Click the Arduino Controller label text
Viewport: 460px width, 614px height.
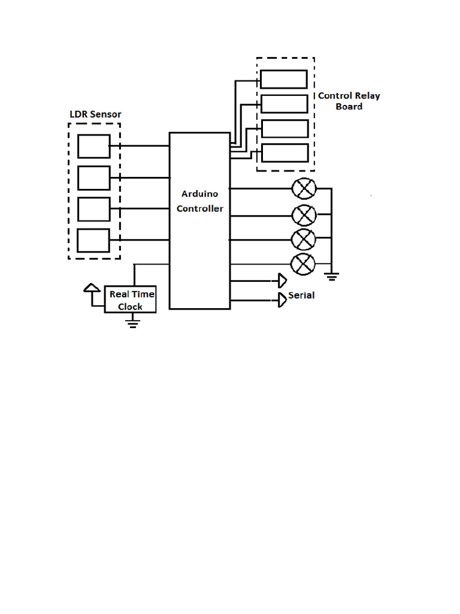coord(199,201)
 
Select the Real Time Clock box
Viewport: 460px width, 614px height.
coord(131,299)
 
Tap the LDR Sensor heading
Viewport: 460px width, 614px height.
coord(95,114)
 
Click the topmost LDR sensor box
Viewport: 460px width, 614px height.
coord(94,146)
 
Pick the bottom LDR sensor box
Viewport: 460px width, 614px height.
coord(93,240)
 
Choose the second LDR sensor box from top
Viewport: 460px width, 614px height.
coord(94,177)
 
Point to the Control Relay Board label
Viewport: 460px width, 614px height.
coord(349,101)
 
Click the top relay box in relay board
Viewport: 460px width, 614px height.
coord(284,79)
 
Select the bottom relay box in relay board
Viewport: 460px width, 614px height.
coord(285,153)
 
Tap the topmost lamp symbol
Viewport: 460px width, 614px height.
coord(304,189)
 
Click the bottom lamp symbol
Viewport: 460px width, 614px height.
coord(302,264)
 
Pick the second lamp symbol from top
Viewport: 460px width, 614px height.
coord(304,214)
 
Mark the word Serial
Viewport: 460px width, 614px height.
coord(301,296)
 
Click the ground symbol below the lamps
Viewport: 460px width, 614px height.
coord(332,276)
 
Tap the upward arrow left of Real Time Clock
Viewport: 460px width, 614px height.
coord(91,289)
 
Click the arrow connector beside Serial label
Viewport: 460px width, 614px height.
coord(282,300)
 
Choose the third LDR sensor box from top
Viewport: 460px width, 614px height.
coord(94,209)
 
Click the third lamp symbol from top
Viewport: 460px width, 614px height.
coord(304,240)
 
